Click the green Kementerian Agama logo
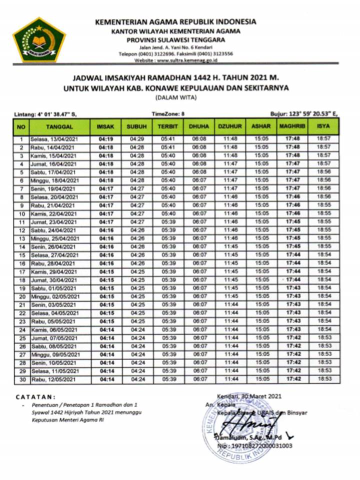click(x=39, y=39)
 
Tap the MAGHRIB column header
click(x=292, y=127)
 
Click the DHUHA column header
click(x=198, y=127)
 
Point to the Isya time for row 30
click(x=324, y=379)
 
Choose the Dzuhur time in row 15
click(x=230, y=254)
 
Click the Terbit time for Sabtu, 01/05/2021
click(x=168, y=288)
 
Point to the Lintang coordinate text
click(x=45, y=114)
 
